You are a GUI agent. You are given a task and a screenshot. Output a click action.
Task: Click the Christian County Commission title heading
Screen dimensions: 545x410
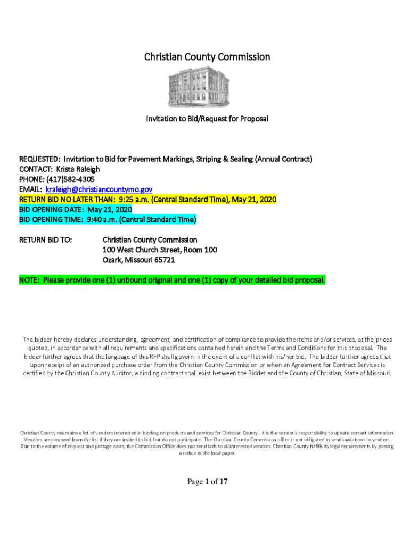pos(207,57)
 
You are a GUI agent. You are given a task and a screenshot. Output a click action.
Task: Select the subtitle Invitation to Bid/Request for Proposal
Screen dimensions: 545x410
pos(207,119)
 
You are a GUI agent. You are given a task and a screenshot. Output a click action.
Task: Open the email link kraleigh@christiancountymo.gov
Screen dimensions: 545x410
pos(99,189)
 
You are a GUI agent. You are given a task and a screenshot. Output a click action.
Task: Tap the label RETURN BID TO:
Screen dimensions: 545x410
pos(46,240)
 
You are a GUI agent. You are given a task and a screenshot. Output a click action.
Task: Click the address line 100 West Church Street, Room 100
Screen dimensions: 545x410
pos(160,250)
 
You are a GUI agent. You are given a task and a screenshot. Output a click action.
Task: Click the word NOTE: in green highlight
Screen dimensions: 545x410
pos(30,280)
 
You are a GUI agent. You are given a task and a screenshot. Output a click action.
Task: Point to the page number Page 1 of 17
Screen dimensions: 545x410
pos(207,482)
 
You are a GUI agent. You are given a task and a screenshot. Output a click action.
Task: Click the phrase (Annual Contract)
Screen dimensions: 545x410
pos(280,159)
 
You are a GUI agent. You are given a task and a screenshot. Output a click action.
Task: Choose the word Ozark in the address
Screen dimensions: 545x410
pos(113,260)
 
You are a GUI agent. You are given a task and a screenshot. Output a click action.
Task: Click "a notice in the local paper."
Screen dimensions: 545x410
pos(207,453)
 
